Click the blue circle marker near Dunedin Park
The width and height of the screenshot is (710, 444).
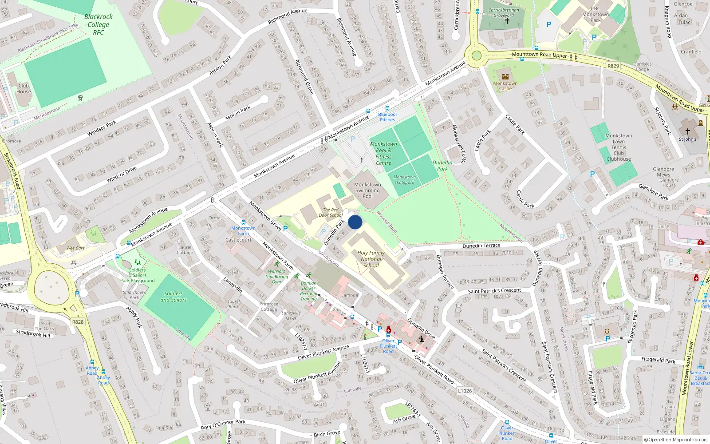(355, 222)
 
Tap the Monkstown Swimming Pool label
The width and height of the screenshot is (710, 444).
(367, 190)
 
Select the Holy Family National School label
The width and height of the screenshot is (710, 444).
(371, 259)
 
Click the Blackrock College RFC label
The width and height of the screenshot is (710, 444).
(99, 24)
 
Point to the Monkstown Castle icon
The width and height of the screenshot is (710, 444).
(505, 76)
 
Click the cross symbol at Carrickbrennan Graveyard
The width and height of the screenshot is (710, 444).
(507, 21)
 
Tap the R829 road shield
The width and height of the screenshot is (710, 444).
(613, 66)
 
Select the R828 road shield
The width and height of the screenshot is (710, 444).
(78, 322)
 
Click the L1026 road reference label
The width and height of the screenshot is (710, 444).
(465, 391)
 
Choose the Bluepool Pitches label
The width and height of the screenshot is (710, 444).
(387, 117)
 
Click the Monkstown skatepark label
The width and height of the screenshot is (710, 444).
(404, 179)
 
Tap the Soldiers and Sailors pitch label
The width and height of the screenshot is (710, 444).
(174, 297)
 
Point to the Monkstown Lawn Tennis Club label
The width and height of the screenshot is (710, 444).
(619, 147)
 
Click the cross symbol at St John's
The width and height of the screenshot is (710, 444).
(688, 131)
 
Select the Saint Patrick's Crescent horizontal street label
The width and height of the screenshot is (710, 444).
(494, 291)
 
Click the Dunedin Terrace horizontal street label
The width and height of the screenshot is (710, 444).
(481, 246)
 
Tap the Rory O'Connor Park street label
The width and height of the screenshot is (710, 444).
(223, 424)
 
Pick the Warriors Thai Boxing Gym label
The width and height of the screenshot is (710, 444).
(276, 276)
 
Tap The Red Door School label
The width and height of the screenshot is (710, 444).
(331, 213)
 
